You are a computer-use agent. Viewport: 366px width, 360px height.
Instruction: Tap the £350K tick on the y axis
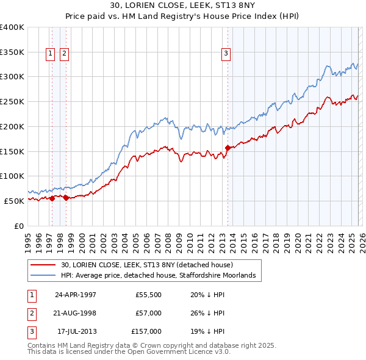(x=12, y=52)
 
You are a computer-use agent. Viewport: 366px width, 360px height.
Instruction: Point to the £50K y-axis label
(x=14, y=200)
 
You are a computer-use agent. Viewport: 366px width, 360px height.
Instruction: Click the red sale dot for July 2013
(x=228, y=148)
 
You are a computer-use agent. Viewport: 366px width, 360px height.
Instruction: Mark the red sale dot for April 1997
(x=52, y=198)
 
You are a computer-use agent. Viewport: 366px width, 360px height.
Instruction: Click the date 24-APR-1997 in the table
(x=76, y=294)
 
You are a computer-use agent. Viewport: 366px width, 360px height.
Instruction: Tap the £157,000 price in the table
(x=146, y=331)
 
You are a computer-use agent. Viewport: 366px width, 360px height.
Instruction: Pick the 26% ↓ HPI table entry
(x=207, y=313)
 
